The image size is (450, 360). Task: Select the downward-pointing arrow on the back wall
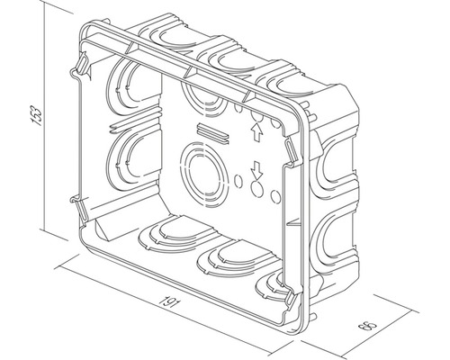point(256,169)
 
